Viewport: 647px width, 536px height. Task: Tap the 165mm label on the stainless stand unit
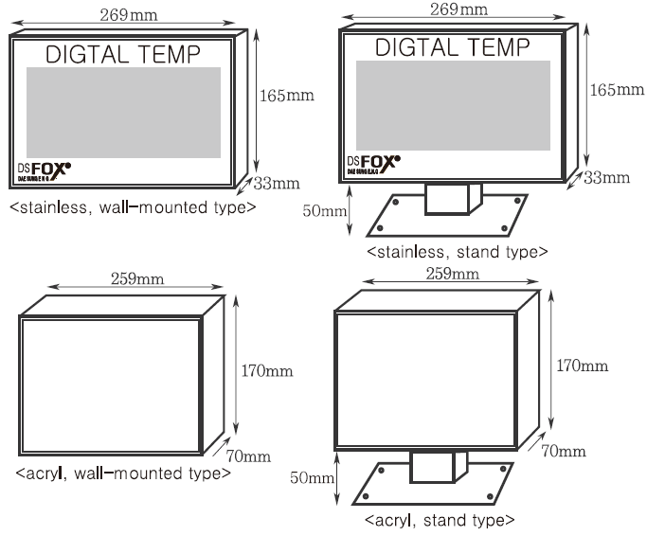click(617, 90)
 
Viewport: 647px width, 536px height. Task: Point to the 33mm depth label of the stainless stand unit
click(606, 177)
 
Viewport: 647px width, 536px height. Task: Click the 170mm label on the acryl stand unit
click(582, 366)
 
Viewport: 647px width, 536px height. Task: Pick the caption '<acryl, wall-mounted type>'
click(122, 472)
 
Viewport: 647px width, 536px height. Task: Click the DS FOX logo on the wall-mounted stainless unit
click(45, 171)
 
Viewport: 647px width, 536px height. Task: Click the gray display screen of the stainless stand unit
click(453, 104)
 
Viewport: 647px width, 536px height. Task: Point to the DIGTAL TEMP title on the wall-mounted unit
click(123, 53)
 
